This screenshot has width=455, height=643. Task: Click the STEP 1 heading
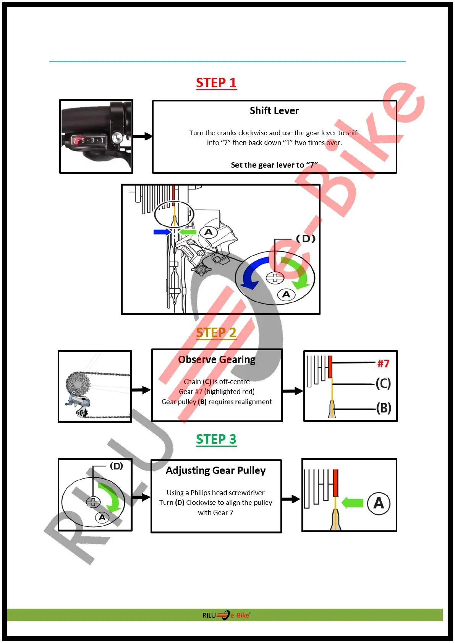point(216,82)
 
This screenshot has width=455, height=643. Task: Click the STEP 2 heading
point(216,333)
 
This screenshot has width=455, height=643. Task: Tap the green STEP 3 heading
point(216,439)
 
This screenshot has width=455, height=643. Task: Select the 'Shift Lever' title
point(274,111)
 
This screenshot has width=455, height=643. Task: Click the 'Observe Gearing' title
point(217,360)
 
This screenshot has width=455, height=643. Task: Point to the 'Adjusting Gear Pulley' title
point(216,470)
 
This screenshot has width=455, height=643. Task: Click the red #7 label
point(383,364)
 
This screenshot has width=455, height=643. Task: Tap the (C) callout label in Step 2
point(383,383)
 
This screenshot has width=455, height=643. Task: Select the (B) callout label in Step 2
point(384,408)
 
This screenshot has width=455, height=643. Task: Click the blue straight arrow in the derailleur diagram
point(162,232)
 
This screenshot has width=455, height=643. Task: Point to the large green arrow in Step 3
point(352,502)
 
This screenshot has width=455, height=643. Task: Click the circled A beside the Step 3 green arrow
point(379,503)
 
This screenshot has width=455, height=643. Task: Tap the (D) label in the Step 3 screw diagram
point(117,466)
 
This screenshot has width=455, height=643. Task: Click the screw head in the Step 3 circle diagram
point(93,502)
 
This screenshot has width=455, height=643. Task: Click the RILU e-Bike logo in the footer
point(227,615)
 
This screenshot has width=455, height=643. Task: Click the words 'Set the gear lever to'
point(267,165)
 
